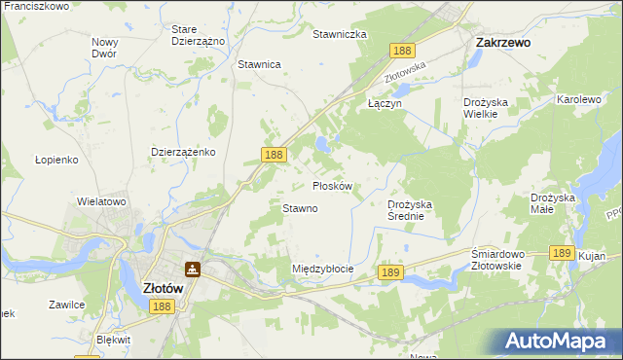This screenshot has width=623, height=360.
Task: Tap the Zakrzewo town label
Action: (501, 43)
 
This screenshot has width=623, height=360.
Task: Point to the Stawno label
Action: (300, 208)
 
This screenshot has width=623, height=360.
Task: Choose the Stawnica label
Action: (259, 64)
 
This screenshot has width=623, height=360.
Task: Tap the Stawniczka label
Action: (339, 34)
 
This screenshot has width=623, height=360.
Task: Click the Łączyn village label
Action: (384, 102)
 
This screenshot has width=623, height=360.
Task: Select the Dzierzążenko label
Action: (183, 153)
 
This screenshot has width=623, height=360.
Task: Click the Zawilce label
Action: (66, 305)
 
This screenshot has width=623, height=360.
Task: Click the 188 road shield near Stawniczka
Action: (401, 49)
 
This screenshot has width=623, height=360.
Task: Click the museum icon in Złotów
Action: (193, 269)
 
